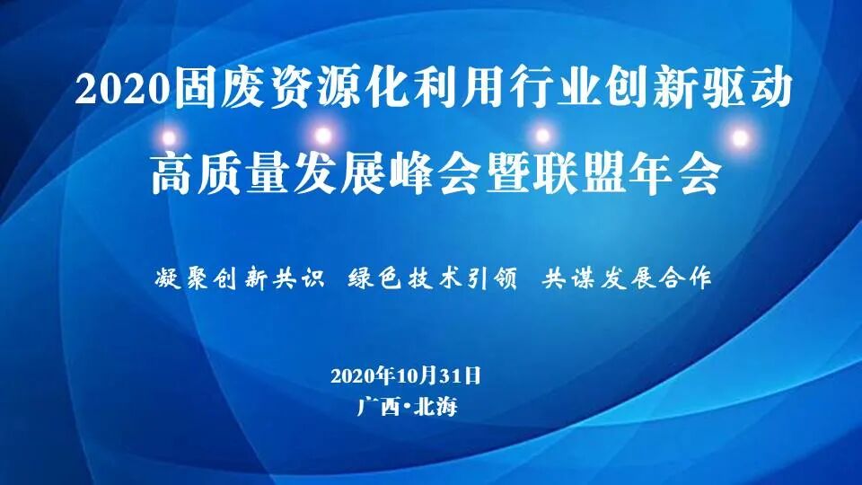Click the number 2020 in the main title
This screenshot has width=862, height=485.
(x=119, y=90)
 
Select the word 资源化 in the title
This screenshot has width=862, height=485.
(x=331, y=89)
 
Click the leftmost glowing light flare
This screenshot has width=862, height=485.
(x=168, y=136)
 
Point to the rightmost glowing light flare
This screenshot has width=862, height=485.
(x=740, y=137)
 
